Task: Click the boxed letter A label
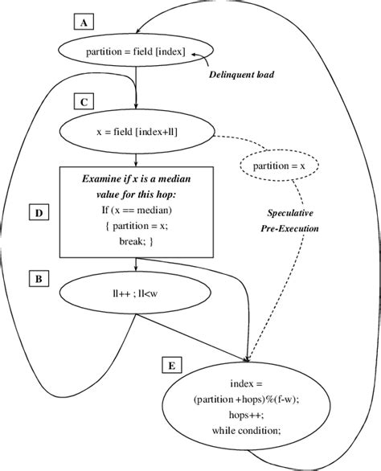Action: [83, 23]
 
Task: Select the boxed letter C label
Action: [83, 102]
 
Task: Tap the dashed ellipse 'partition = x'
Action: [278, 166]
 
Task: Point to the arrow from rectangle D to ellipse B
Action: [137, 265]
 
